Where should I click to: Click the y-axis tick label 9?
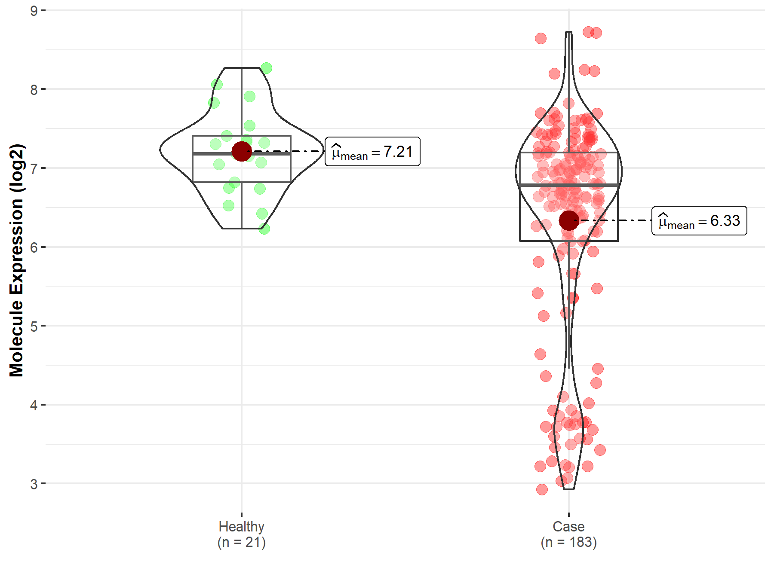[34, 11]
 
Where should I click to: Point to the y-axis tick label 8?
[34, 90]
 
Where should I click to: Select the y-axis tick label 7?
[34, 168]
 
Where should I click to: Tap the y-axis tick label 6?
[34, 247]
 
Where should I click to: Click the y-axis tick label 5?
[34, 326]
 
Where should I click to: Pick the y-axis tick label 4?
[34, 405]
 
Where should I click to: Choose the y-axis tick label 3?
[34, 484]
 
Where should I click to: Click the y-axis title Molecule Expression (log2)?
[16, 260]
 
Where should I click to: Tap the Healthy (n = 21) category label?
[241, 534]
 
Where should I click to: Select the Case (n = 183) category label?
[568, 534]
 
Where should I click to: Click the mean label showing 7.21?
[372, 152]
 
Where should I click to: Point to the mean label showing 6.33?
[699, 221]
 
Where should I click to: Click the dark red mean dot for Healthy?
[241, 151]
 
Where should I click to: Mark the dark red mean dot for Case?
[568, 220]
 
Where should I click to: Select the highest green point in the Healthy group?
[266, 68]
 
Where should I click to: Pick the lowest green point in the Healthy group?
[264, 229]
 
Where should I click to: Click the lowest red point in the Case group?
[542, 489]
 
